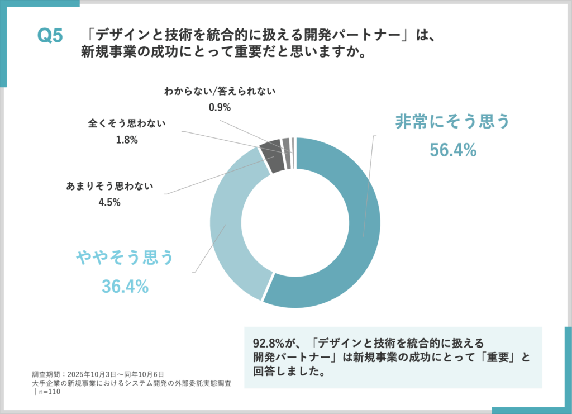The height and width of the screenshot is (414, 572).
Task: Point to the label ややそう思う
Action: tap(125, 258)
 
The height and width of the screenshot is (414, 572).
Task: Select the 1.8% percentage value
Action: tap(127, 140)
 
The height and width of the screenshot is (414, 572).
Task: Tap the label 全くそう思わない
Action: tap(127, 122)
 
